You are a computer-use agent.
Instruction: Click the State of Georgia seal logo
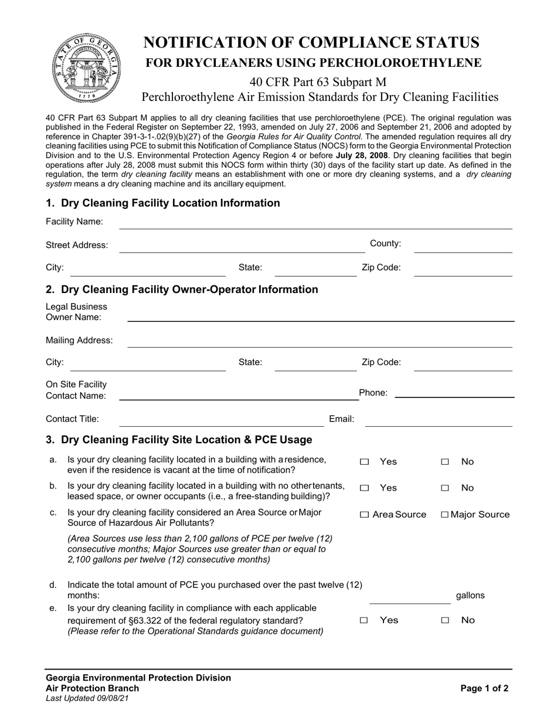[x=86, y=68]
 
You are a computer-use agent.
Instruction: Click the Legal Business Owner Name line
[x=321, y=315]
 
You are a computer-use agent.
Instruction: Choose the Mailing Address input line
[x=321, y=341]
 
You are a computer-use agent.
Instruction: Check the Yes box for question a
[x=365, y=462]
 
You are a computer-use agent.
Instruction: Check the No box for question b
[x=445, y=488]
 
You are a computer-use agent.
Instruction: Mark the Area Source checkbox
[x=365, y=515]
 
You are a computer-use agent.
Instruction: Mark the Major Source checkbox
[x=445, y=515]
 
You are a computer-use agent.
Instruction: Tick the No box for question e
[x=445, y=621]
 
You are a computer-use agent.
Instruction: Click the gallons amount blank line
[x=410, y=597]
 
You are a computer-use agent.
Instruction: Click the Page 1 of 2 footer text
[x=484, y=689]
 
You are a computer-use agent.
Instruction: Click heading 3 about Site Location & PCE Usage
[x=179, y=440]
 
